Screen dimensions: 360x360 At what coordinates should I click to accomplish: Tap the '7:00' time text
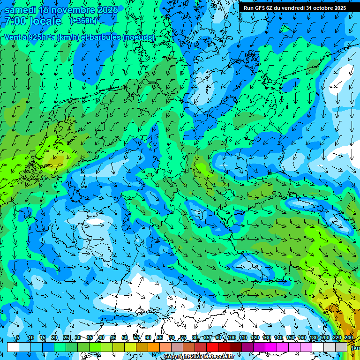(15, 21)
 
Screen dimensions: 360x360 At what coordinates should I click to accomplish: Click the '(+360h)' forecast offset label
(83, 21)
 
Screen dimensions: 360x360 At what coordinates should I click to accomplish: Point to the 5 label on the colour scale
(18, 338)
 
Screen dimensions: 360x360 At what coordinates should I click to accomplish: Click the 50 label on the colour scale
(125, 338)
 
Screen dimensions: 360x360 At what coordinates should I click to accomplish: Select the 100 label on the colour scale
(231, 338)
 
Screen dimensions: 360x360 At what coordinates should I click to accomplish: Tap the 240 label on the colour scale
(348, 338)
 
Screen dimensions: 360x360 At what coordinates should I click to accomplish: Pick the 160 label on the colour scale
(301, 338)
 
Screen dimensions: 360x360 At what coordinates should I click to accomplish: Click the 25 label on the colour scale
(66, 338)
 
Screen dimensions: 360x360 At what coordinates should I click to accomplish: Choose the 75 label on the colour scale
(183, 338)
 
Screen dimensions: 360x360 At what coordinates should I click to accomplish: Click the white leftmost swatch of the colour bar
(13, 347)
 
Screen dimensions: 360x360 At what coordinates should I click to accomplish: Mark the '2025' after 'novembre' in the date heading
(105, 10)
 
